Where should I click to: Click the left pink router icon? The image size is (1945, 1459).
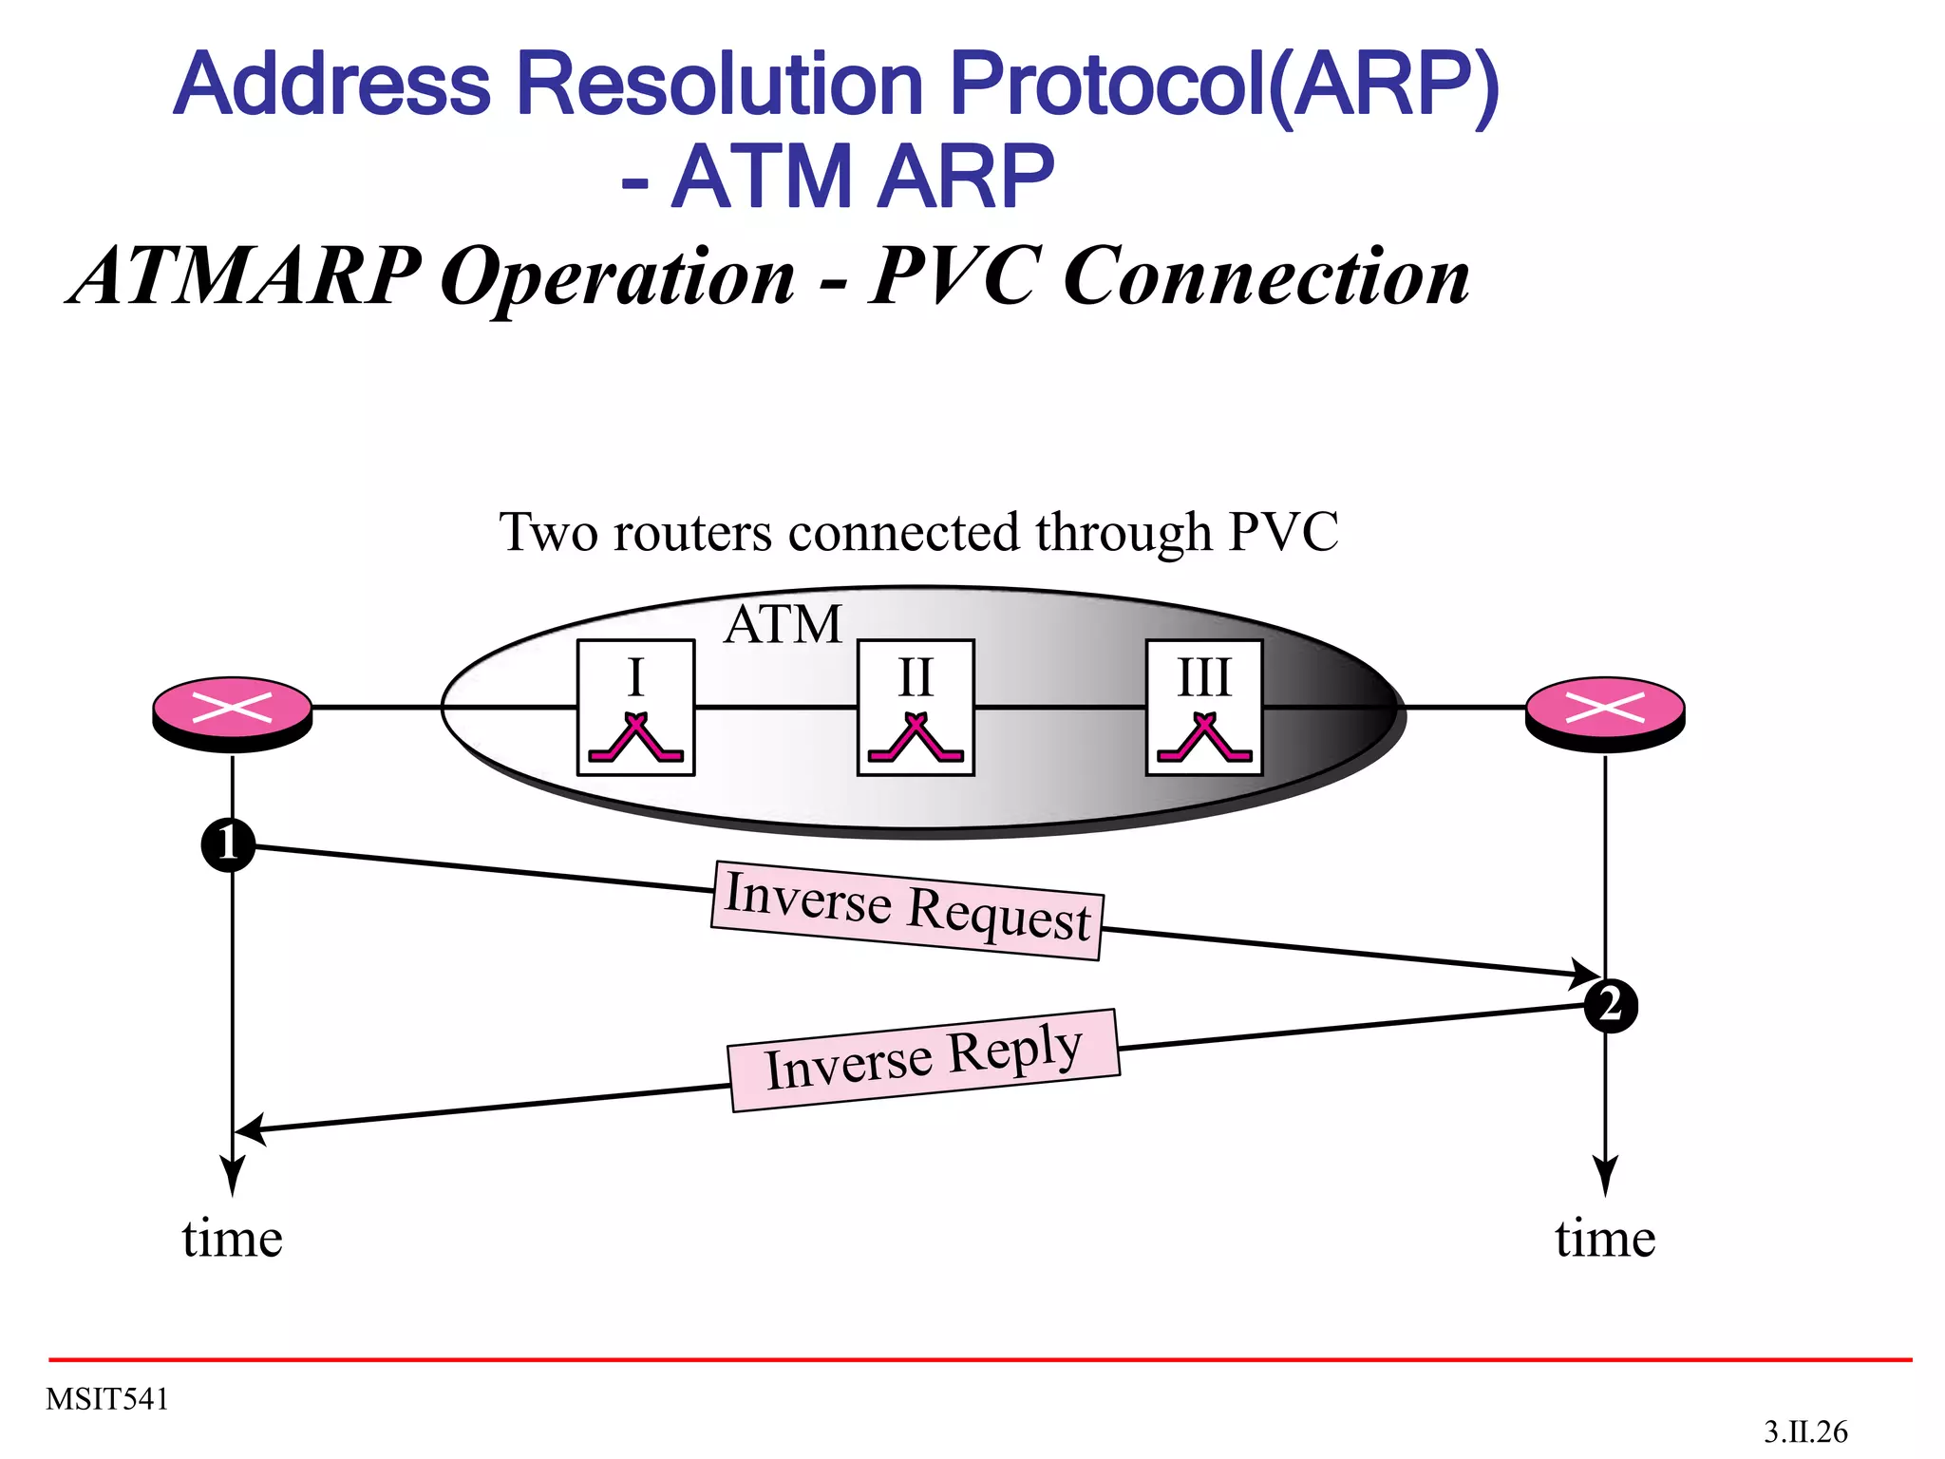coord(233,712)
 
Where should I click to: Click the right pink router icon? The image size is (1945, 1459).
coord(1605,712)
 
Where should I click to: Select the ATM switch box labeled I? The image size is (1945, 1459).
coord(636,708)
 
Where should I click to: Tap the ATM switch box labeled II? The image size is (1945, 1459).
coord(916,708)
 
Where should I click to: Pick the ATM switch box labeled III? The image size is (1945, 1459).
coord(1204,708)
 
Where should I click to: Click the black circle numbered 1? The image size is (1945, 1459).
coord(229,843)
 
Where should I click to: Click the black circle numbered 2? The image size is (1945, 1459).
coord(1611,1005)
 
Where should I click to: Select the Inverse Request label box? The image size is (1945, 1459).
coord(907,910)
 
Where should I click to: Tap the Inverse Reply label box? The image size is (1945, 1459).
coord(924,1059)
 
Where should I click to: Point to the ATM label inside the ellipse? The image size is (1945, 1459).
coord(783,625)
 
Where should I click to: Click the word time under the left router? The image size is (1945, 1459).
coord(233,1239)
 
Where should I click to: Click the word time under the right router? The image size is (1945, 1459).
coord(1605,1239)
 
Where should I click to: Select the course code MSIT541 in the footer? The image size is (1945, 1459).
coord(107,1399)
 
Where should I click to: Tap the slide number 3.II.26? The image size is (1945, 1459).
coord(1805,1431)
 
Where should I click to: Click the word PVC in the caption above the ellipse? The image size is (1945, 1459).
coord(1283,532)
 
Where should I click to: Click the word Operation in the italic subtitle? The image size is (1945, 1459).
coord(617,276)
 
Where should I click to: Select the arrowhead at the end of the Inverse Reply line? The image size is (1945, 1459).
coord(249,1130)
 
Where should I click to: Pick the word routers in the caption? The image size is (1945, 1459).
coord(692,532)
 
